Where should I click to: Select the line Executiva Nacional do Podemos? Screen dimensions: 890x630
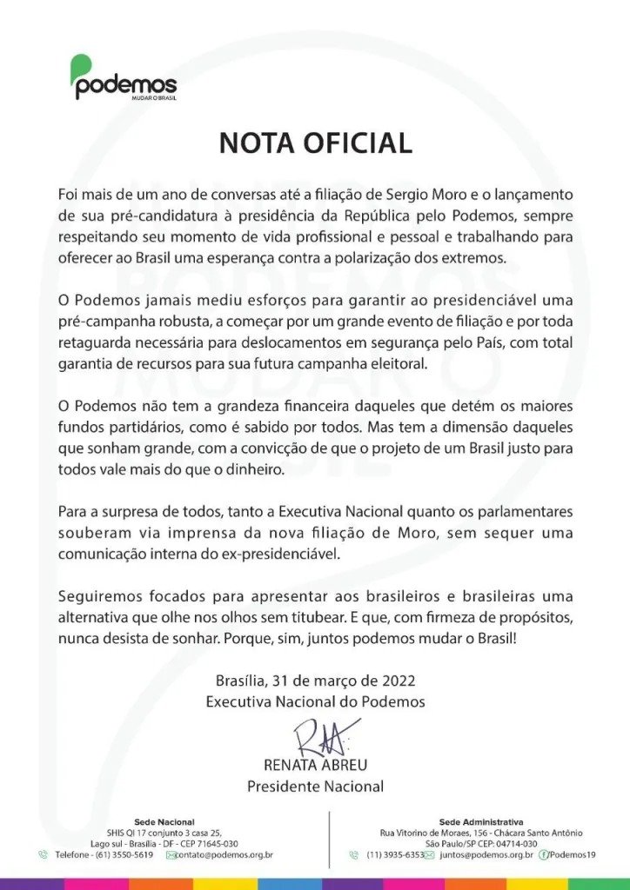315,701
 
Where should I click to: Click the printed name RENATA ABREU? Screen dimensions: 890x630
315,765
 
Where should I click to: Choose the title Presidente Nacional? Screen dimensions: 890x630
315,787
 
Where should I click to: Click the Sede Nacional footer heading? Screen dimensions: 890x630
164,821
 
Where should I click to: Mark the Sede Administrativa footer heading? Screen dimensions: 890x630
481,821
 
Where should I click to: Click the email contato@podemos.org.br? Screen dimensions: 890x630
225,855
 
